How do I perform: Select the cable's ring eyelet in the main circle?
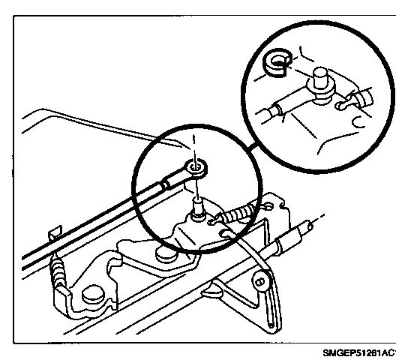pyautogui.click(x=196, y=168)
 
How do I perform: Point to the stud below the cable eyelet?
pyautogui.click(x=197, y=208)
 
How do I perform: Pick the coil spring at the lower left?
pyautogui.click(x=58, y=273)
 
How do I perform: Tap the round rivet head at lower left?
pyautogui.click(x=93, y=294)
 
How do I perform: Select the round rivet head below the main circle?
pyautogui.click(x=166, y=255)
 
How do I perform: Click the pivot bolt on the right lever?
pyautogui.click(x=260, y=281)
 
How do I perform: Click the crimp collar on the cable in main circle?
pyautogui.click(x=166, y=185)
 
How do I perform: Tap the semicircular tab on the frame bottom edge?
pyautogui.click(x=212, y=293)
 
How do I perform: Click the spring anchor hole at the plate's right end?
pyautogui.click(x=268, y=206)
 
